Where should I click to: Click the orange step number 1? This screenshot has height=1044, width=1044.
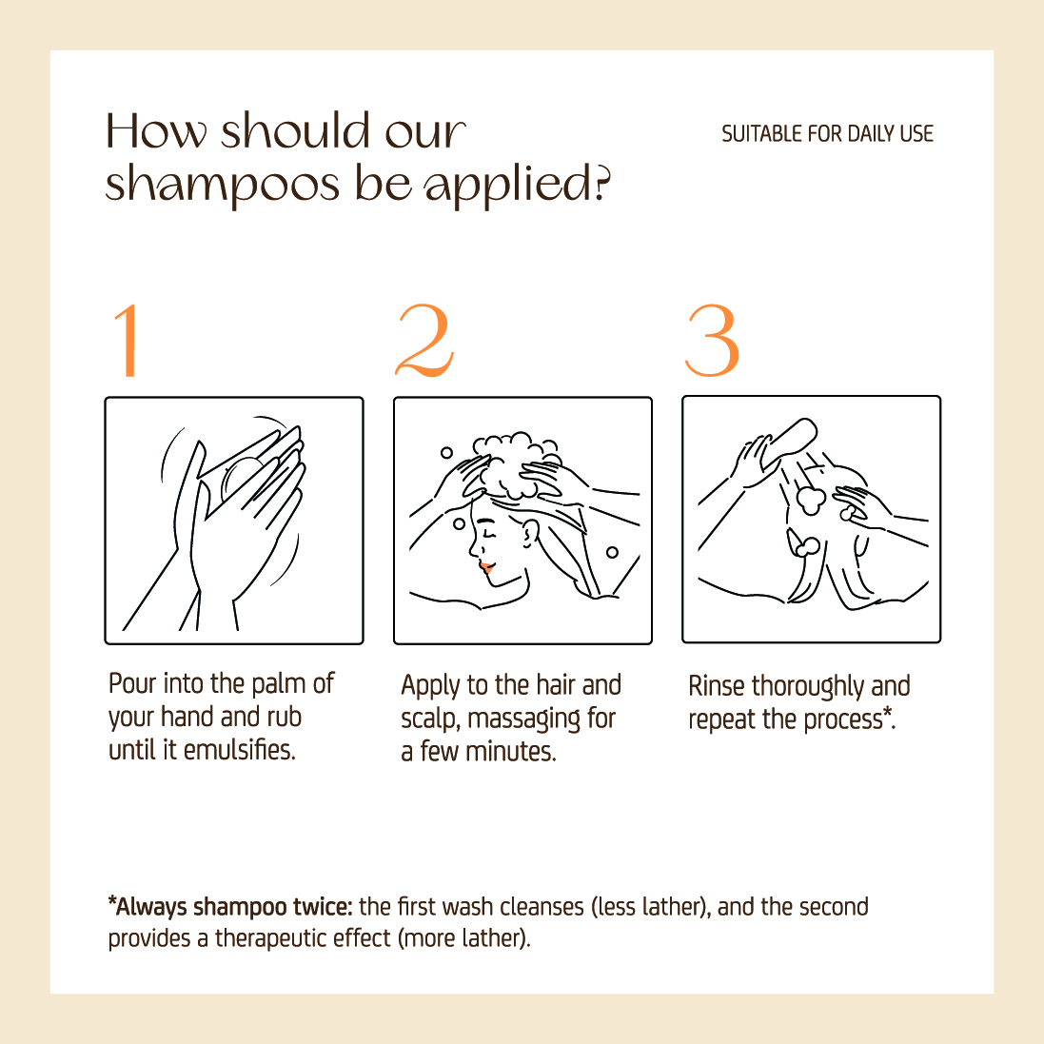coord(128,341)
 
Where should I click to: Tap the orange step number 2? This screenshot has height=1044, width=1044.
coord(424,341)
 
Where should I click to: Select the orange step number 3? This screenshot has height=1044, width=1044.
coord(712,341)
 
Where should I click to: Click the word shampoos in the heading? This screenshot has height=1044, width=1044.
coord(223,185)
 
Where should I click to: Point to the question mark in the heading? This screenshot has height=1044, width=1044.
coord(601,183)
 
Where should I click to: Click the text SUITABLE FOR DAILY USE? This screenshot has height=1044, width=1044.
coord(828,134)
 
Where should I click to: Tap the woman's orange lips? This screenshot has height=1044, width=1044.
coord(486,568)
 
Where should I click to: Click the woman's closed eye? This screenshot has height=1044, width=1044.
coord(490,535)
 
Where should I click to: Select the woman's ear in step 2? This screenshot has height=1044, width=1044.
coord(529,533)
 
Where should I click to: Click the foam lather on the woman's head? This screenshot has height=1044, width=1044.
coord(516,464)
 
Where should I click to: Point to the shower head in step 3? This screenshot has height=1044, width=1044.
coord(790,443)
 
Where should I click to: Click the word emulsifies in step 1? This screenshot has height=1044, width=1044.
coord(239,750)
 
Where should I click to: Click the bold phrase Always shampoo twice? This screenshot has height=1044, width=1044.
coord(230,907)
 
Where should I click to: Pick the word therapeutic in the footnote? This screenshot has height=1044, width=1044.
coord(269,938)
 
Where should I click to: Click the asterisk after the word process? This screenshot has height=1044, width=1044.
coord(888,714)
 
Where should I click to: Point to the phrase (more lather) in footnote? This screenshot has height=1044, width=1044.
coord(464,938)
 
